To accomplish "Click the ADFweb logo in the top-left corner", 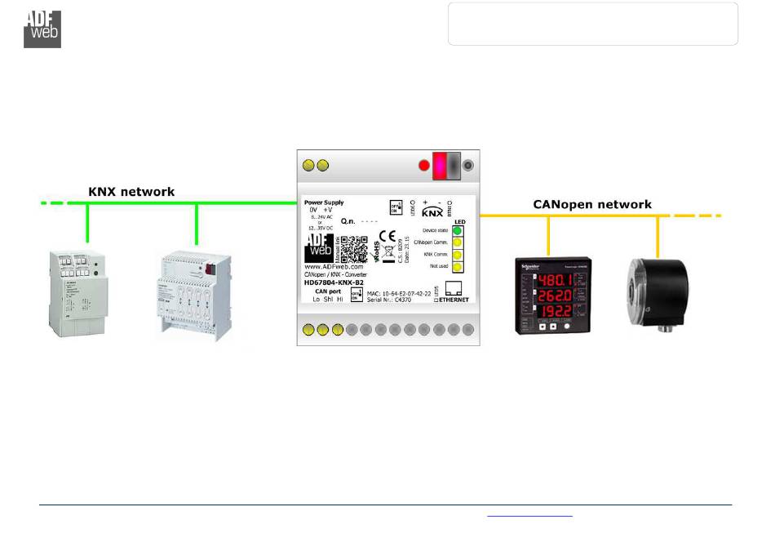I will [x=42, y=29].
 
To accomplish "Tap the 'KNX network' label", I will [x=131, y=192].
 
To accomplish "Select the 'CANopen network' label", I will [x=592, y=204].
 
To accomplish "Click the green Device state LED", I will [x=458, y=231].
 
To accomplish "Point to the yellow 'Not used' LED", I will [x=458, y=266].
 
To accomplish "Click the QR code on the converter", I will [x=353, y=249].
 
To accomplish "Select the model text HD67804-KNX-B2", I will [x=334, y=282].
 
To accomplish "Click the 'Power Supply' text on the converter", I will [x=324, y=202].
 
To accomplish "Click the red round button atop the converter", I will [x=423, y=166].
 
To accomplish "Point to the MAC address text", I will [x=399, y=292].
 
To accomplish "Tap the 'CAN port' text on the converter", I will [x=327, y=291].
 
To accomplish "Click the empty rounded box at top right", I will [x=593, y=24].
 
